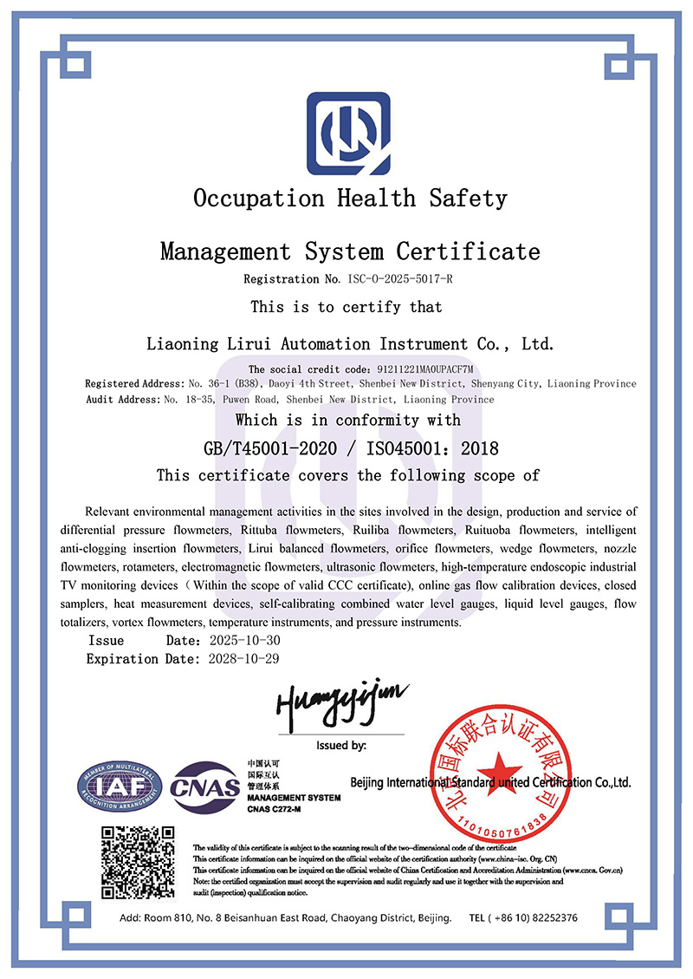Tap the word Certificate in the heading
[x=468, y=252]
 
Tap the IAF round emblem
[x=120, y=786]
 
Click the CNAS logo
[x=205, y=787]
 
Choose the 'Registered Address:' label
[x=134, y=383]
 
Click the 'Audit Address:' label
[x=124, y=400]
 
